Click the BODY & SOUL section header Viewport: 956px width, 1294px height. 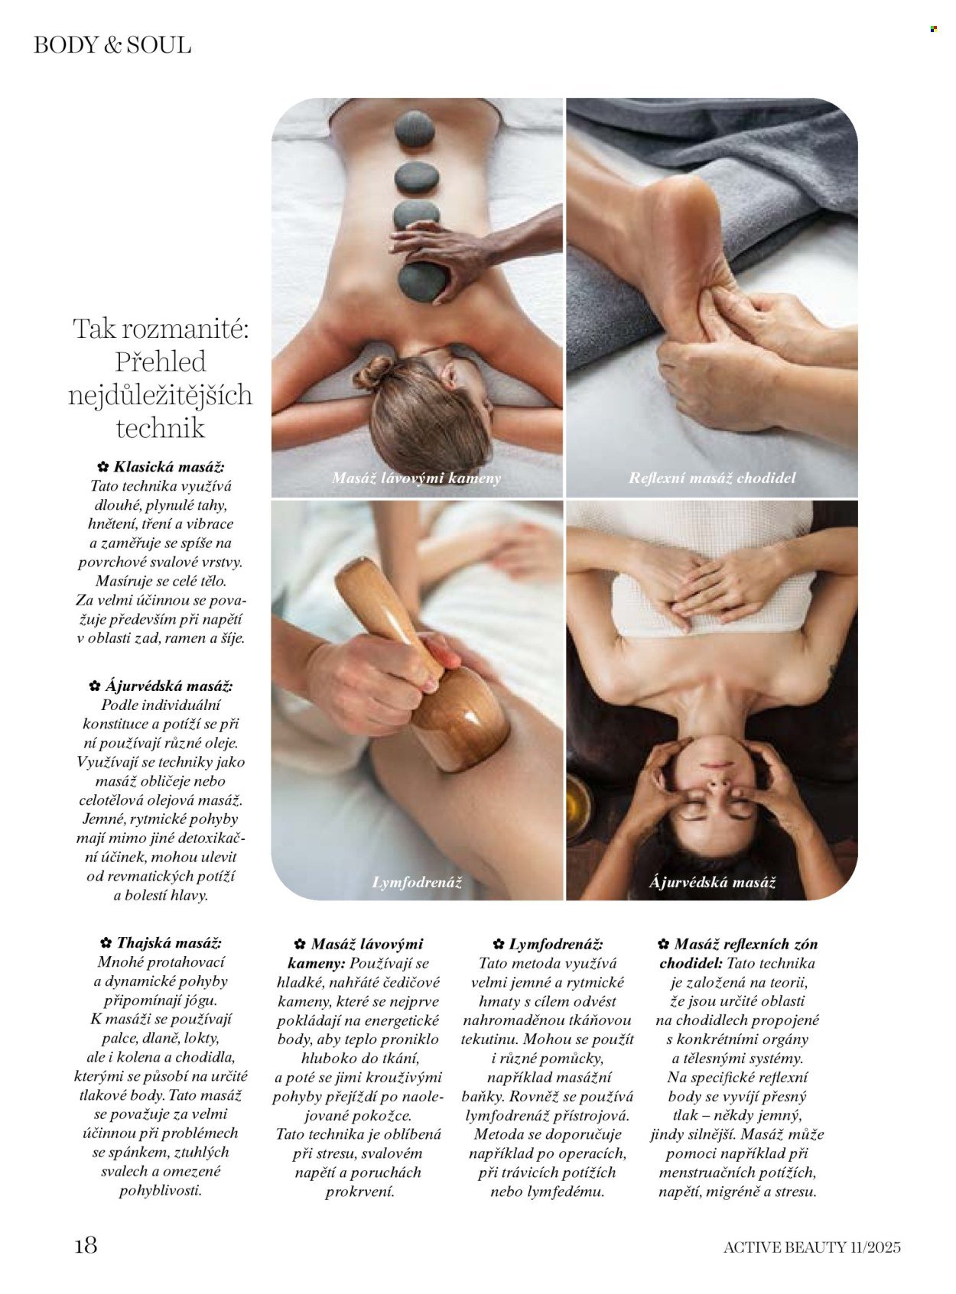(112, 45)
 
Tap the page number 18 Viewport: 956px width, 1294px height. (86, 1245)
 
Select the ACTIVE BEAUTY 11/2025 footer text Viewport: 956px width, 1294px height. (811, 1247)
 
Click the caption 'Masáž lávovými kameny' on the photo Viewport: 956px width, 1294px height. (416, 478)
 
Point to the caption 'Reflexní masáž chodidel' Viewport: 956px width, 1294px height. (712, 478)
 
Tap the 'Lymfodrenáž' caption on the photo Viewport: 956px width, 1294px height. (417, 882)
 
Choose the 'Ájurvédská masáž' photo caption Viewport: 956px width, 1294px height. (712, 883)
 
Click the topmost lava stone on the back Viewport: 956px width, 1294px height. (415, 128)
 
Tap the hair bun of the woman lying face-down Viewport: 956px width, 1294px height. (373, 374)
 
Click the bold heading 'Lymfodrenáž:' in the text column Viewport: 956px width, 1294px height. (556, 944)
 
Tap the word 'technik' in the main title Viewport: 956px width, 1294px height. (161, 428)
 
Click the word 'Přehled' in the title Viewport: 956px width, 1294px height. (161, 362)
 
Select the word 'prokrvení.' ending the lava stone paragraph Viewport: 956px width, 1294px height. (360, 1192)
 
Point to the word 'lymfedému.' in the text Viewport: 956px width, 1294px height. (566, 1192)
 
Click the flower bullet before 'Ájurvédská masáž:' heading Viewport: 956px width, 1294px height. (95, 686)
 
